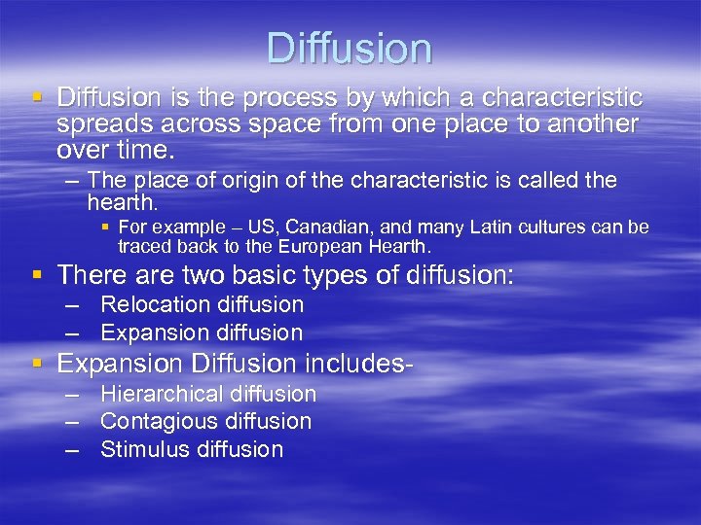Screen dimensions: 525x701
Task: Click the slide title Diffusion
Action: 350,49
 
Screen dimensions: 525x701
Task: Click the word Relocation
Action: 155,304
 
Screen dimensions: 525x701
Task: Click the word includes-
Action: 360,364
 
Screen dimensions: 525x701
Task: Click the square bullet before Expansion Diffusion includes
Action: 37,364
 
